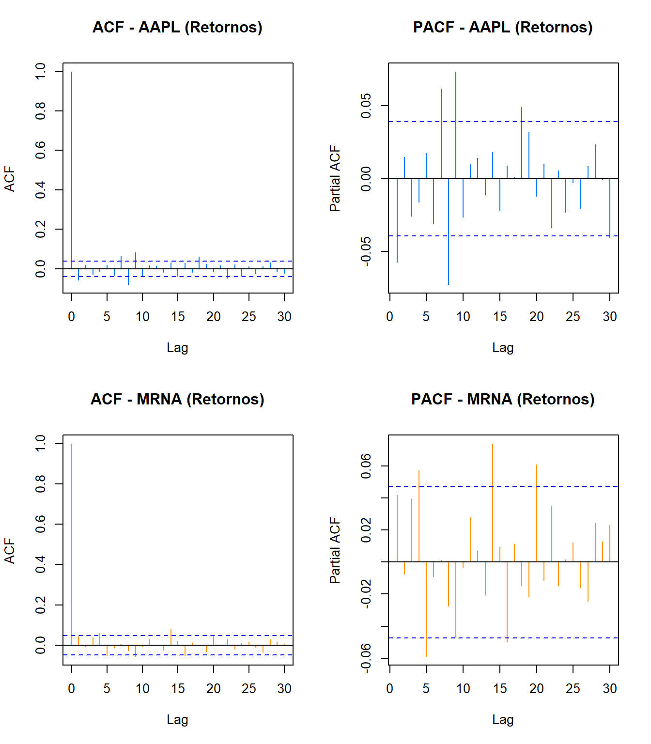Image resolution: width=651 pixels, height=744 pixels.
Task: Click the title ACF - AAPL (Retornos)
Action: point(177,27)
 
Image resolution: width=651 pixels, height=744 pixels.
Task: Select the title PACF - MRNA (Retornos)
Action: point(503,399)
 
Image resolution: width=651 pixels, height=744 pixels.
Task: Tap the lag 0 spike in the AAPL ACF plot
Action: point(72,170)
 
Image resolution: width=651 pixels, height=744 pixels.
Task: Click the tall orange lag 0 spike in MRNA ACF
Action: point(72,542)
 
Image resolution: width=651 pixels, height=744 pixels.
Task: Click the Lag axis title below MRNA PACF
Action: point(503,719)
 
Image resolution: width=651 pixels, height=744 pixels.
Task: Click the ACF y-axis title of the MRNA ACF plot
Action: point(10,551)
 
